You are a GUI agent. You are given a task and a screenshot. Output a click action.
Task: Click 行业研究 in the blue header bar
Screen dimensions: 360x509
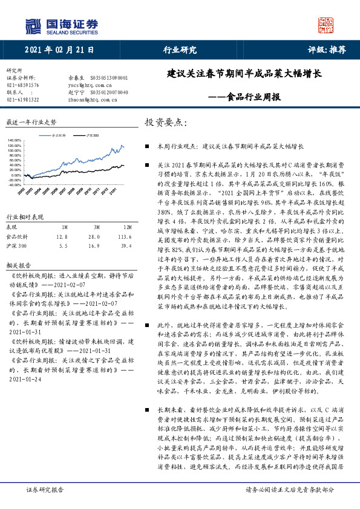(x=180, y=50)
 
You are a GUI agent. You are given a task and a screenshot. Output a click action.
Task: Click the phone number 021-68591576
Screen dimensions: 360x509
(x=22, y=85)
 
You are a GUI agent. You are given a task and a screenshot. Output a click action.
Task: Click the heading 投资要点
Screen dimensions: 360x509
(x=163, y=123)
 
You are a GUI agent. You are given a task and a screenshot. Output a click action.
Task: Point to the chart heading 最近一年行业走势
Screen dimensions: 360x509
(x=30, y=122)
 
